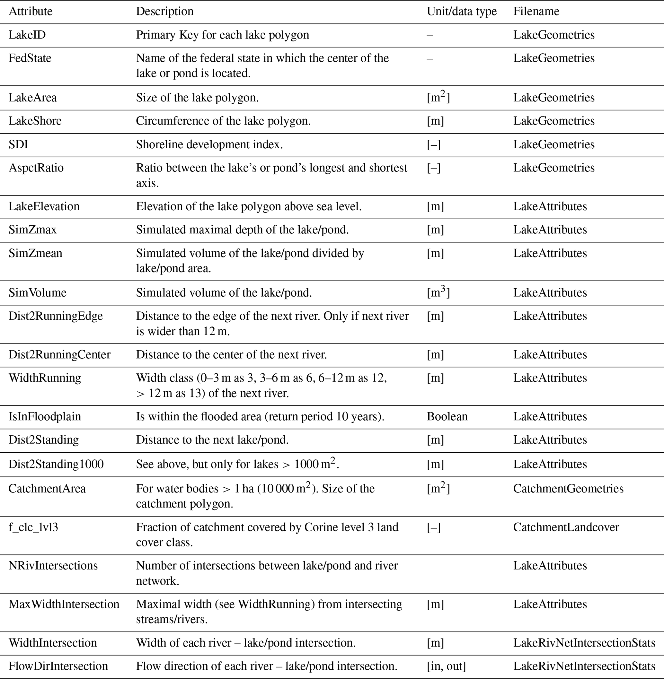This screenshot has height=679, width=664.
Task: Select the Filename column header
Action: (x=536, y=12)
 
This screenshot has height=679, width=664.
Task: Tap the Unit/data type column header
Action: (x=461, y=12)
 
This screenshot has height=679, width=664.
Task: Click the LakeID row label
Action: (x=27, y=35)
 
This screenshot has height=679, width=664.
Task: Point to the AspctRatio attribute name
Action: (x=36, y=168)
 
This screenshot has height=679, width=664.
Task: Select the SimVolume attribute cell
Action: (x=37, y=292)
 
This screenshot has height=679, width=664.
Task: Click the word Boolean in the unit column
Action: (x=447, y=416)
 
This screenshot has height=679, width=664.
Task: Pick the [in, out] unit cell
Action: (x=446, y=666)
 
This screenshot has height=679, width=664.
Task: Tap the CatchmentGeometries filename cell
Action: (x=568, y=488)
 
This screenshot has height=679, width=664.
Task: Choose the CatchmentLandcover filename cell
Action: (x=566, y=527)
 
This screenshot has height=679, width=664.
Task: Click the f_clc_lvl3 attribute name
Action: (x=33, y=527)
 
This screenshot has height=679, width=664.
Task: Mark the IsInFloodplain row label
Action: (x=45, y=416)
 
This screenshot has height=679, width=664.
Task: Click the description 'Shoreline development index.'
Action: (x=209, y=144)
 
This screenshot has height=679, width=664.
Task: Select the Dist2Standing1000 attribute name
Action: (x=56, y=464)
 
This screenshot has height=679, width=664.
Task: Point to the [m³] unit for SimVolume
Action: (x=438, y=292)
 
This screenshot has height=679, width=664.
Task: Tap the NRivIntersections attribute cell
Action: (x=53, y=565)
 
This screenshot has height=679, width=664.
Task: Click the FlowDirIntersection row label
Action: (x=58, y=666)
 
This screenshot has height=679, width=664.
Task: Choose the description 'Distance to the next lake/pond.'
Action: (x=212, y=440)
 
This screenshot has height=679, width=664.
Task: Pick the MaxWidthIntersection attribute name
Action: (x=64, y=604)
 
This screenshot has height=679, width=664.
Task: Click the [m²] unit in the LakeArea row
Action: (x=438, y=97)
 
